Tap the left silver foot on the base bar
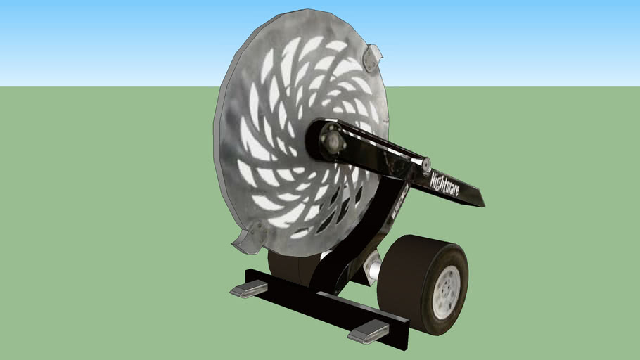point(248,288)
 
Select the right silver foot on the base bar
point(368,331)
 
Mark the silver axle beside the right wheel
point(372,268)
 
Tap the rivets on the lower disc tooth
point(255,231)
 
